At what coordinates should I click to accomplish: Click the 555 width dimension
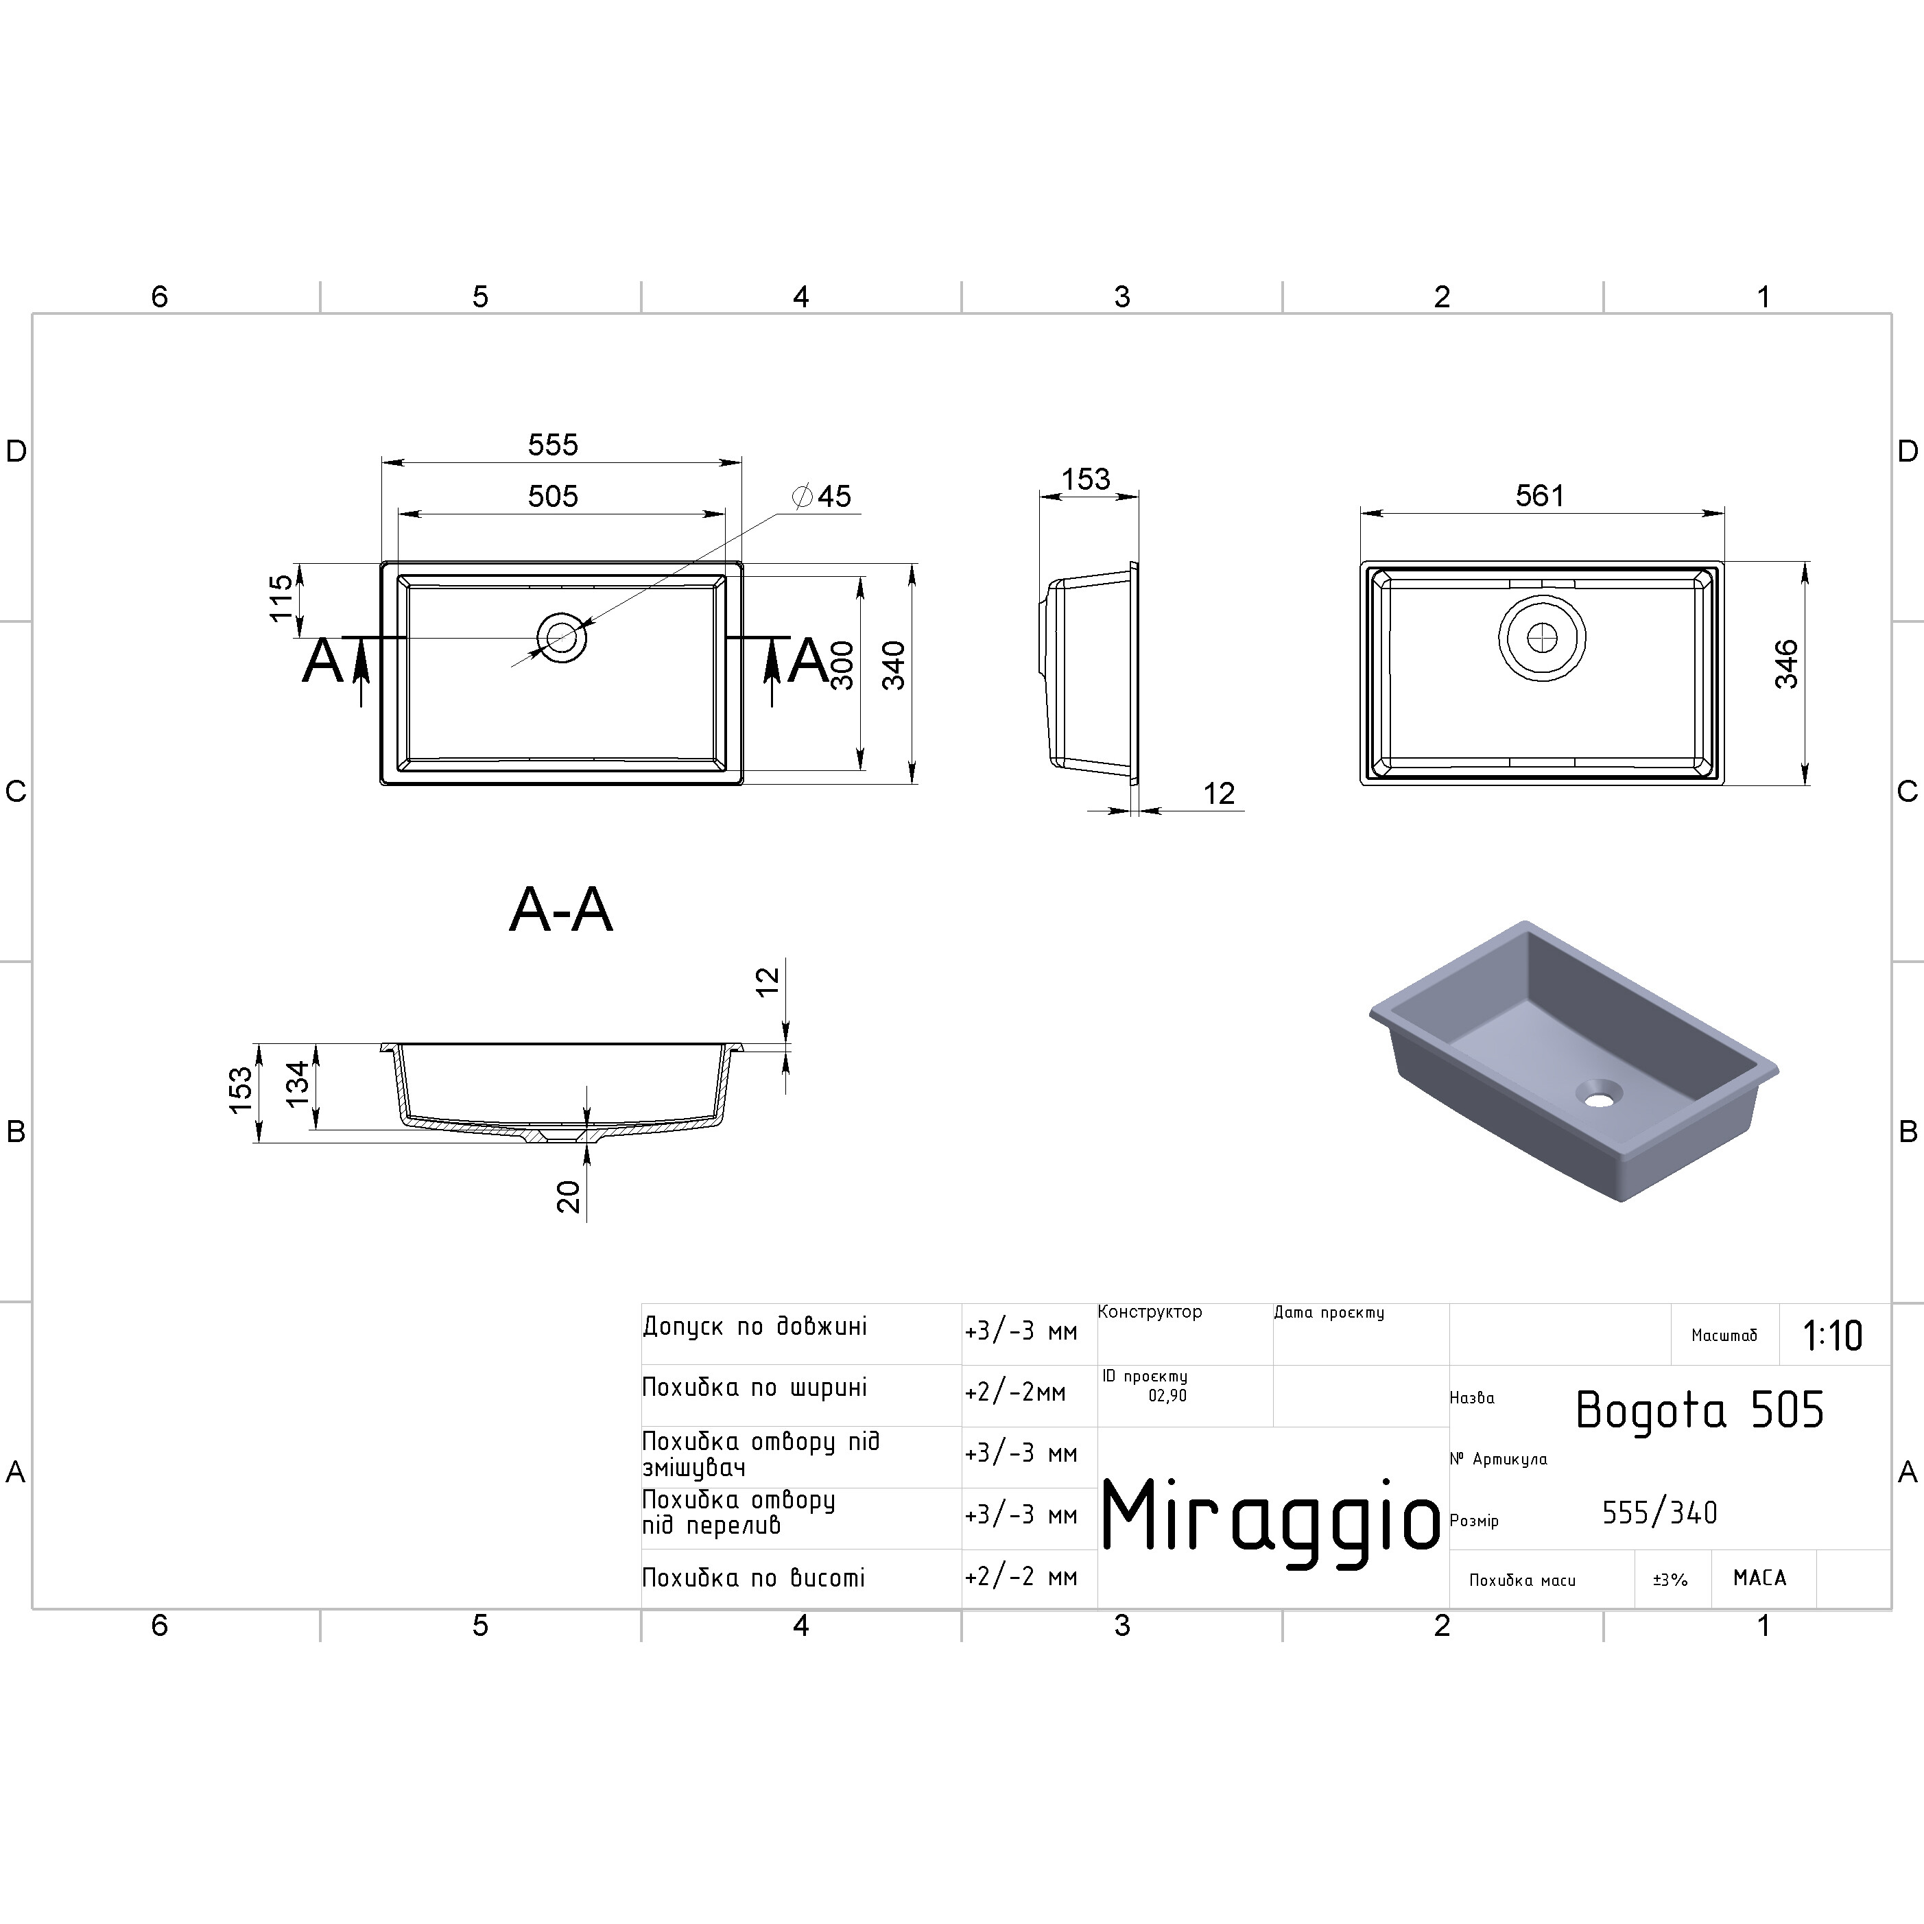[x=553, y=444]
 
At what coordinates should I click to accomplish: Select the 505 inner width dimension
[x=553, y=496]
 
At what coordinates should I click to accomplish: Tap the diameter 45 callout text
[x=822, y=496]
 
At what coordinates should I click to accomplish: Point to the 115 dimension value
[x=282, y=597]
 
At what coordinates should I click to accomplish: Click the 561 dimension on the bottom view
[x=1540, y=495]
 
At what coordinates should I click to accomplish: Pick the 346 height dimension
[x=1787, y=664]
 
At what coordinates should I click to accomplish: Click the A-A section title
[x=560, y=910]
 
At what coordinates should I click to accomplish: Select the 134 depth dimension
[x=298, y=1084]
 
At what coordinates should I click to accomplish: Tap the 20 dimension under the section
[x=569, y=1196]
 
